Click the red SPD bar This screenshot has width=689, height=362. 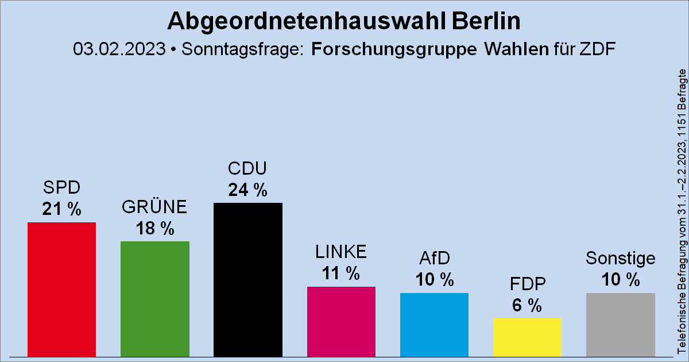tap(62, 290)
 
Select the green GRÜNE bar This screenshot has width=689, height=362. tap(155, 299)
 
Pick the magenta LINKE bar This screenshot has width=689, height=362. tap(341, 322)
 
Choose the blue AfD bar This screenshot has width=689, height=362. tap(434, 325)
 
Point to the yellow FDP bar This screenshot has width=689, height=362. tap(527, 337)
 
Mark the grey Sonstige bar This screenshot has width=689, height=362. tap(620, 325)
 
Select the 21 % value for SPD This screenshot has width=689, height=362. tap(61, 209)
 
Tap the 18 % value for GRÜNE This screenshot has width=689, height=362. tap(154, 229)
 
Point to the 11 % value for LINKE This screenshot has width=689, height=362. tap(340, 274)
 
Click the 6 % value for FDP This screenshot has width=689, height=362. tap(527, 306)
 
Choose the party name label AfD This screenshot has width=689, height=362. tap(434, 259)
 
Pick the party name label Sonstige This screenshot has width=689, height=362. tap(620, 259)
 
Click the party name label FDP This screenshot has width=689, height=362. tap(527, 284)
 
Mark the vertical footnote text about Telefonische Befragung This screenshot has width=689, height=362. tap(682, 218)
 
